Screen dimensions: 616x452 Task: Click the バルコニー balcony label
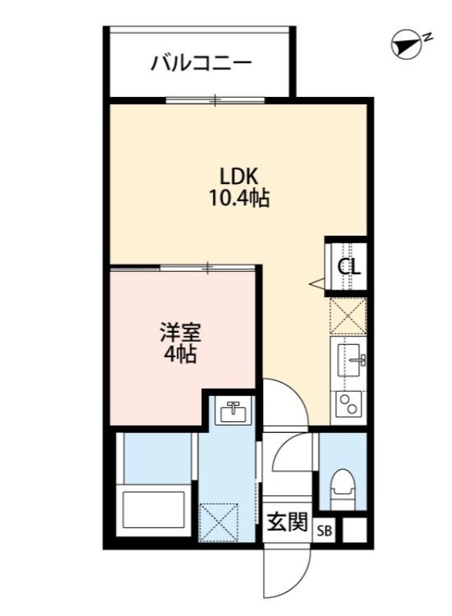200,62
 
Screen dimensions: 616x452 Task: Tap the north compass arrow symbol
406,45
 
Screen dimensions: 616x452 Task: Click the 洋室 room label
181,333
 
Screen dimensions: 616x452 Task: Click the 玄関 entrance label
287,522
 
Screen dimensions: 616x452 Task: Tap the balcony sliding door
216,100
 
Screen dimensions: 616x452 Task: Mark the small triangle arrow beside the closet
317,284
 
